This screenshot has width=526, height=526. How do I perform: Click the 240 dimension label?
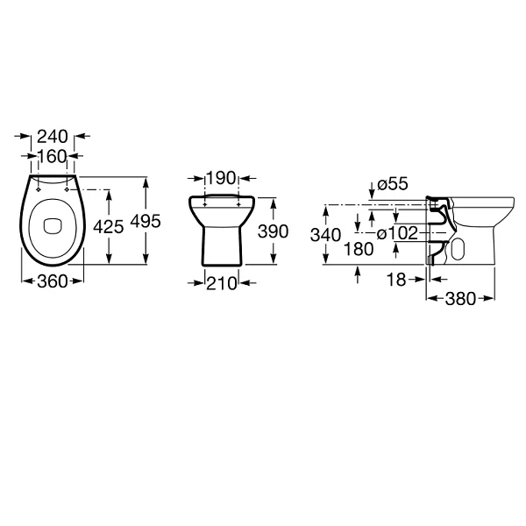pyautogui.click(x=53, y=137)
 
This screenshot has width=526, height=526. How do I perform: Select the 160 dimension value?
pyautogui.click(x=53, y=156)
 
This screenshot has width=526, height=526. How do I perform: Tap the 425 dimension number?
pyautogui.click(x=109, y=227)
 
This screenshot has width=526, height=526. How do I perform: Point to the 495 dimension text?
pyautogui.click(x=146, y=222)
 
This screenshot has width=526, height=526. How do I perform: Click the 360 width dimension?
pyautogui.click(x=53, y=281)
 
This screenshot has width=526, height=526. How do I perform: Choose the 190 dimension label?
pyautogui.click(x=222, y=178)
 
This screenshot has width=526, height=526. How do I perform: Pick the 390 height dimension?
pyautogui.click(x=273, y=231)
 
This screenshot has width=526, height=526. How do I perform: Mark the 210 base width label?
pyautogui.click(x=222, y=284)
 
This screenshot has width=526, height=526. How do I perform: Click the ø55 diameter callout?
pyautogui.click(x=393, y=184)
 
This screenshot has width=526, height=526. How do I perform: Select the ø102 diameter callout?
pyautogui.click(x=398, y=233)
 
